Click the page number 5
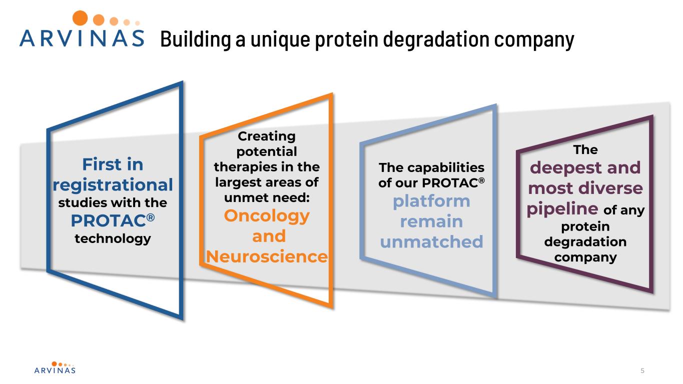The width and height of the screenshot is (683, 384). pos(642,370)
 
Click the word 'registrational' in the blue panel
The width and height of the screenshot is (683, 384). pos(113,185)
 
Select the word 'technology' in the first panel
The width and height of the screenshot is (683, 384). pos(113,238)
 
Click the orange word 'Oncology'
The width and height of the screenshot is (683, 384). pos(267,216)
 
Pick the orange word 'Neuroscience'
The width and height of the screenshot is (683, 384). pos(267,256)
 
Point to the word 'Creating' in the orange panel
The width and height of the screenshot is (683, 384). pos(267,136)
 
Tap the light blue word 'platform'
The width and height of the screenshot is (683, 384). pos(431,201)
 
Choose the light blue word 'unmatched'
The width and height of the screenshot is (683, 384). pos(431,242)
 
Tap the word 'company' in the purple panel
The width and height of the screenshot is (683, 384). pos(585,257)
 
